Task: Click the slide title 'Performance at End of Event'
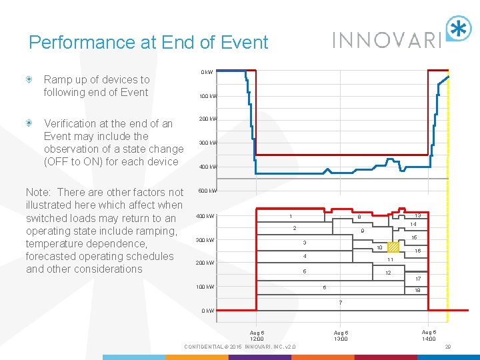click(148, 43)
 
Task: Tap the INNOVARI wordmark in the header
click(387, 39)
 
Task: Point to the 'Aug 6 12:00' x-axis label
click(257, 335)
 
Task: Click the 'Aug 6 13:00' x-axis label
click(341, 335)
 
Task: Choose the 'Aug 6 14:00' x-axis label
click(429, 335)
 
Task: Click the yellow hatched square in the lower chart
click(393, 247)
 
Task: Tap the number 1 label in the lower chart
click(289, 216)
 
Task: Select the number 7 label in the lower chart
click(340, 303)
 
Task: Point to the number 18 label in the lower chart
click(417, 291)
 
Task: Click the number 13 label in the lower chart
click(417, 216)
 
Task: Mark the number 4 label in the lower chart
click(304, 256)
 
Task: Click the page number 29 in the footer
click(448, 347)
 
